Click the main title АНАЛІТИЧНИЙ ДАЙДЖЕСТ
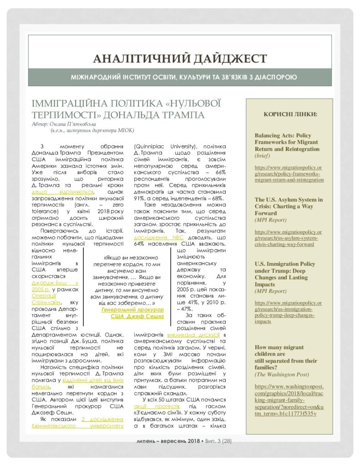pos(180,59)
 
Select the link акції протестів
pos(161,405)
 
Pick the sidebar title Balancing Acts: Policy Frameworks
pos(286,142)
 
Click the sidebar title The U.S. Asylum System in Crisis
pos(289,206)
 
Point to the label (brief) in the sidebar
pos(263,156)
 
